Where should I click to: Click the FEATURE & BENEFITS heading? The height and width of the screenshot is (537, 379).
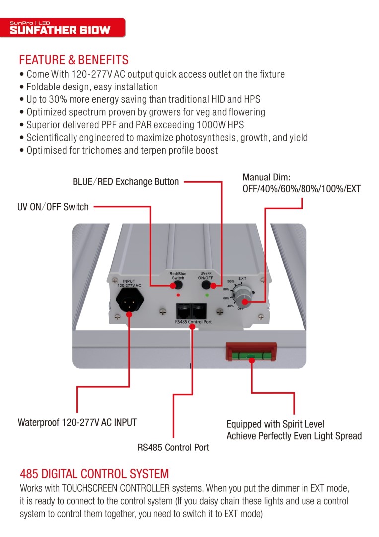tap(74, 60)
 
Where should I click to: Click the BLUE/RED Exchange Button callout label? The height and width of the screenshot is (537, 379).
tap(126, 182)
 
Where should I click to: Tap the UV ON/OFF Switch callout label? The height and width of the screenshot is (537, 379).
tap(53, 207)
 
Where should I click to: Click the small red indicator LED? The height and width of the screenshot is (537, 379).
tap(178, 294)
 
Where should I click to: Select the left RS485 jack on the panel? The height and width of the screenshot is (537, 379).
tap(183, 311)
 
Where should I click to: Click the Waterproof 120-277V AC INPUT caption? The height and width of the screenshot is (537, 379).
tap(77, 423)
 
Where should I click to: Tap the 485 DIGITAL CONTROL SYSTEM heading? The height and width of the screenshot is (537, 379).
tap(94, 473)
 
